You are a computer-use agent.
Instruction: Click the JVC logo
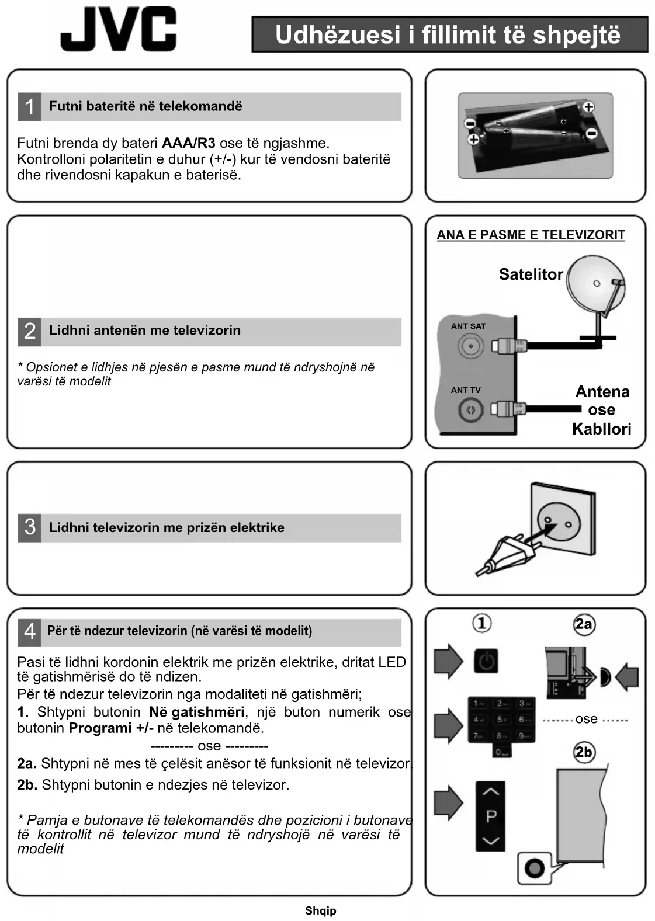click(118, 29)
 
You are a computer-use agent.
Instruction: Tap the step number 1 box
click(29, 107)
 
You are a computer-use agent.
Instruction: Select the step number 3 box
click(29, 527)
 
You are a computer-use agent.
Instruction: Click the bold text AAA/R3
click(188, 143)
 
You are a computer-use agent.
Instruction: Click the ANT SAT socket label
click(467, 326)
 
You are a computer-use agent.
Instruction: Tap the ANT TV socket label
click(465, 390)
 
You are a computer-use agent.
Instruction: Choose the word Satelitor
click(531, 274)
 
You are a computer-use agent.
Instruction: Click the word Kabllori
click(601, 429)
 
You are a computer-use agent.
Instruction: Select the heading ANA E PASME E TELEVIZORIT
click(531, 235)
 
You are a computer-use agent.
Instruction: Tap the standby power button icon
click(486, 661)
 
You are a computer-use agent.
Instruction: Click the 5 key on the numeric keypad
click(500, 720)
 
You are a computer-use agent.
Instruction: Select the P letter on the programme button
click(491, 816)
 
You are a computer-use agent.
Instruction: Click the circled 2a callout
click(583, 624)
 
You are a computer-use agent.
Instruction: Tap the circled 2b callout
click(583, 752)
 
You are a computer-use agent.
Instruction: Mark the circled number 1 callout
click(481, 623)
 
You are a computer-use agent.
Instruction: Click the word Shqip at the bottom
click(320, 910)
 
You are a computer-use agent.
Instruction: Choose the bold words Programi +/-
click(111, 728)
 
